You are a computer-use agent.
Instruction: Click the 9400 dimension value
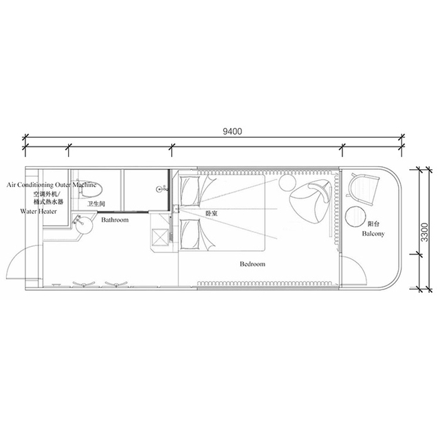tap(232, 131)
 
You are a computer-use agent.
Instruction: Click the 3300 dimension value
tap(425, 232)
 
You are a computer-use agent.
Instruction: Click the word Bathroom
tap(115, 220)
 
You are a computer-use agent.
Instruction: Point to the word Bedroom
tap(252, 264)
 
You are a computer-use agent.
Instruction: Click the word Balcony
tap(373, 234)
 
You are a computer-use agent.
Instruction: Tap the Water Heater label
tap(38, 211)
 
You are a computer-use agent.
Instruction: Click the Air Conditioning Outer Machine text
tap(52, 185)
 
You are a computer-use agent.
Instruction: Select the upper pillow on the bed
tap(190, 191)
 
